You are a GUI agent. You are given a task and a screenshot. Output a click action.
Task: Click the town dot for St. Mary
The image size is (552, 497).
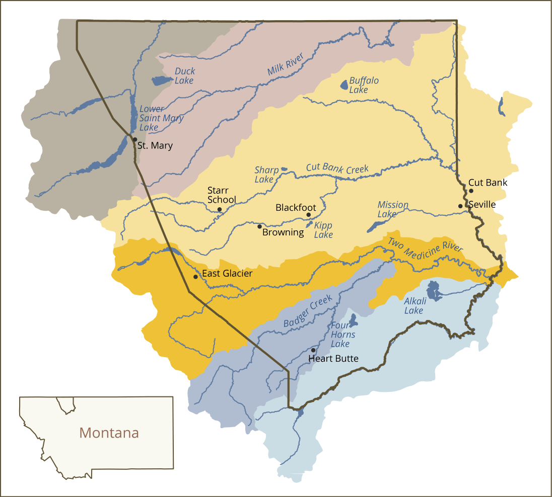tap(135, 139)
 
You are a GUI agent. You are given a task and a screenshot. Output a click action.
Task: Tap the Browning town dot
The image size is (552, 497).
tap(259, 226)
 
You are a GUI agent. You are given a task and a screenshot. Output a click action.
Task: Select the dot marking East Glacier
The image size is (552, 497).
tap(195, 277)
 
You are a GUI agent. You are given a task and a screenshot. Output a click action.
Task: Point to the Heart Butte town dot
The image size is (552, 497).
tap(313, 350)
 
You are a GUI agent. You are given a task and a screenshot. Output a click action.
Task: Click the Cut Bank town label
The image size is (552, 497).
tap(488, 183)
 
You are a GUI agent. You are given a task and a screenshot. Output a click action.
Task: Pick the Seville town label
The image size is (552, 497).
tap(481, 205)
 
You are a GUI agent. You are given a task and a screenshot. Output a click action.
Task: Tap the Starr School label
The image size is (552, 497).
tap(222, 195)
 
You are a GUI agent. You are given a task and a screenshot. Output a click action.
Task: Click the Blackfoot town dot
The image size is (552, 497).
tap(309, 215)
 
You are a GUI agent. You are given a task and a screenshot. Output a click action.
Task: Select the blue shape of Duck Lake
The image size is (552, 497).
tap(162, 80)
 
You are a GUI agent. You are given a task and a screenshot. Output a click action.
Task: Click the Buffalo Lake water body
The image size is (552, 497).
tap(344, 85)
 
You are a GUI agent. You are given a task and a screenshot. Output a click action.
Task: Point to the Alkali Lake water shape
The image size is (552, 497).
tap(433, 291)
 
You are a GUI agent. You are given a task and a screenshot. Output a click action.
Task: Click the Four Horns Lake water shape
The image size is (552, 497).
tap(353, 319)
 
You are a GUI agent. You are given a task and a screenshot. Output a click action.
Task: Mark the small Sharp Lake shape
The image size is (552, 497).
tap(284, 169)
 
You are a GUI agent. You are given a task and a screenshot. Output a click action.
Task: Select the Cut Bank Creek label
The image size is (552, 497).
tap(337, 169)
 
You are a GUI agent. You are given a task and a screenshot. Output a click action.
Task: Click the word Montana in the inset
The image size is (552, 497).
tap(109, 433)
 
